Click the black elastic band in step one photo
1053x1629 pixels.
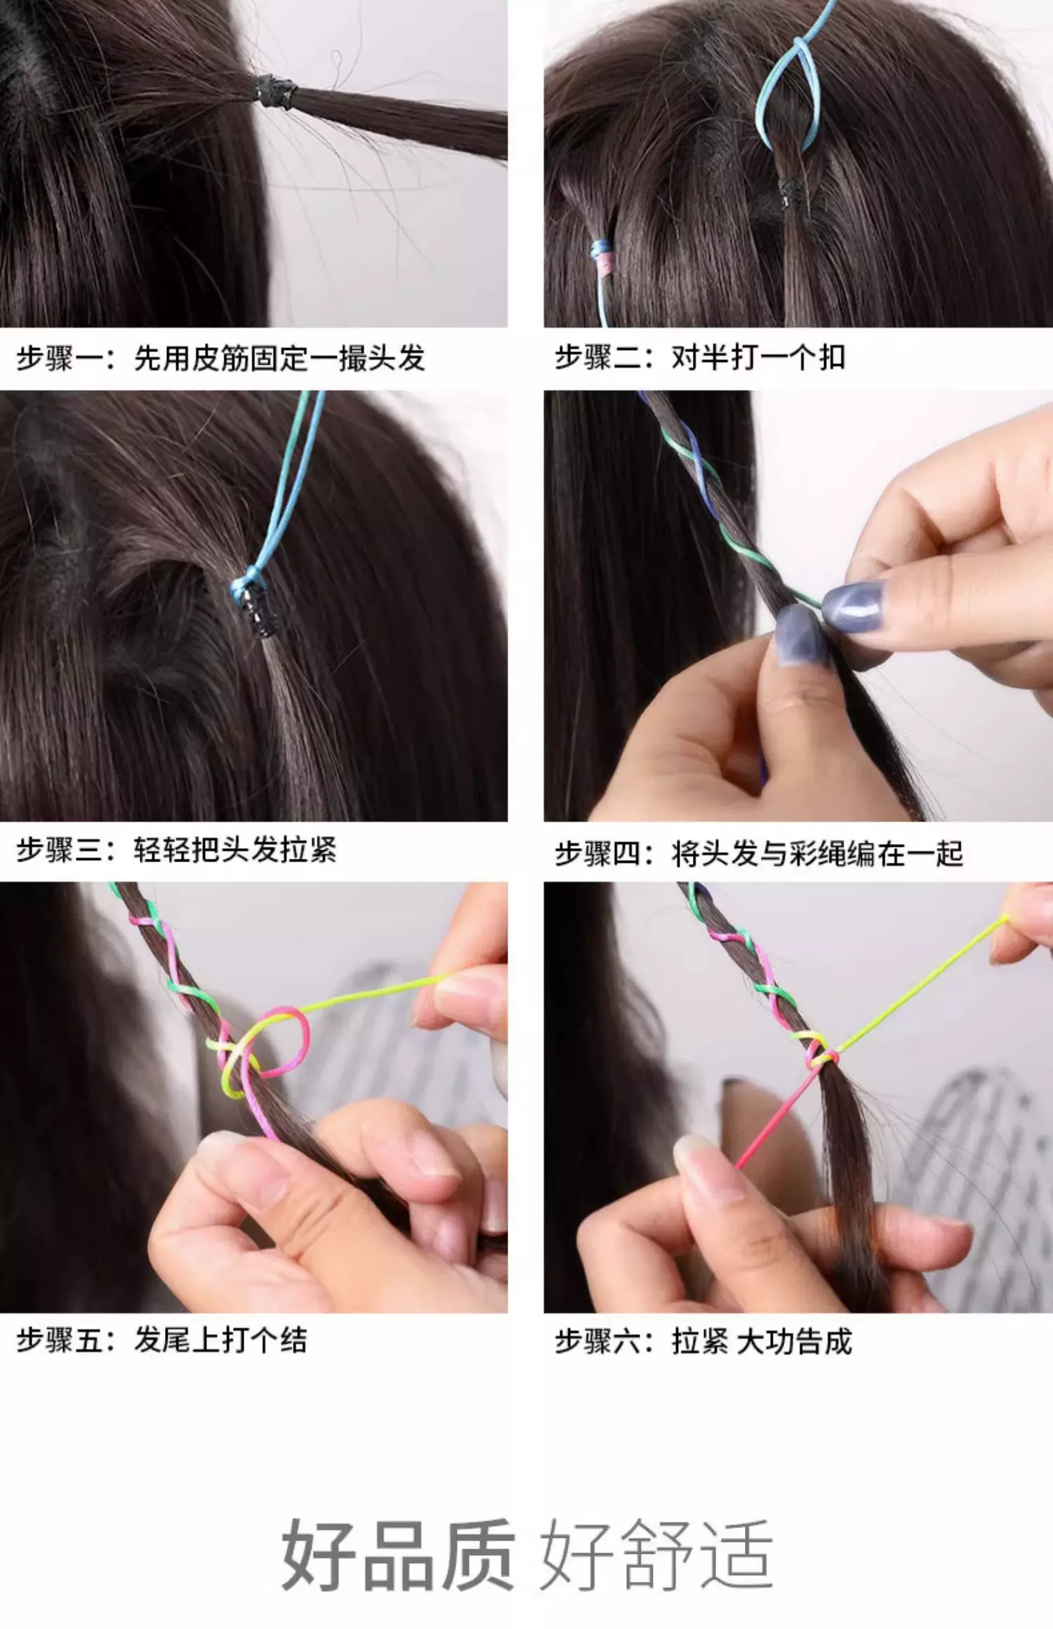click(x=276, y=91)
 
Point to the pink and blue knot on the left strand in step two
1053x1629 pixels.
click(x=602, y=256)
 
